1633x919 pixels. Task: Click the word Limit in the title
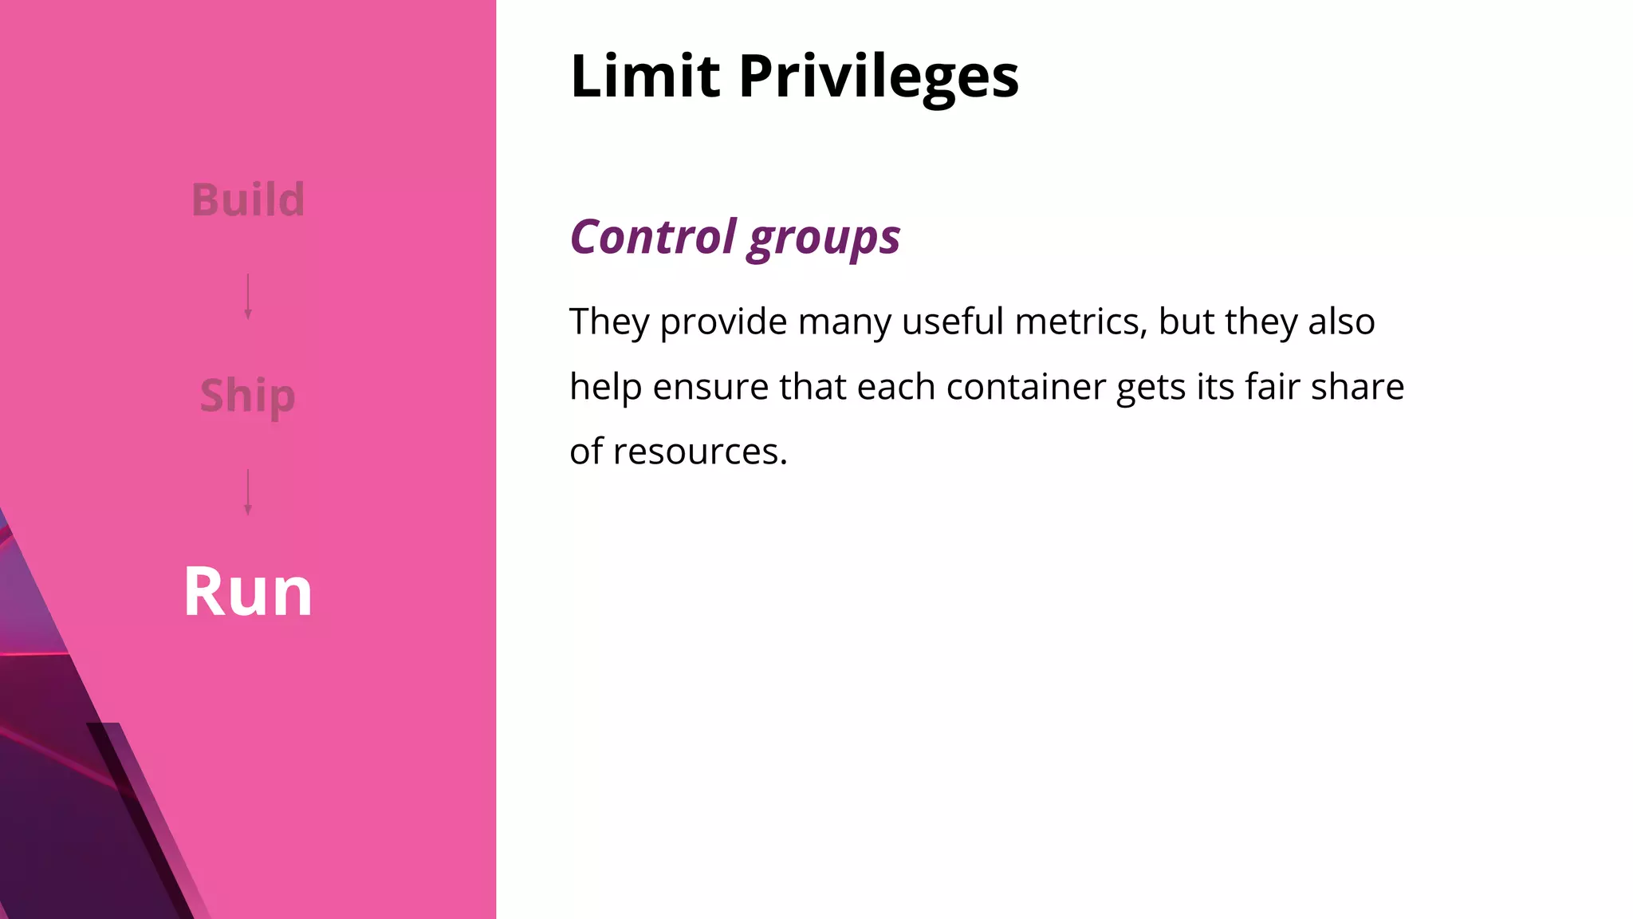(645, 77)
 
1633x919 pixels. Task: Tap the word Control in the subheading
(653, 237)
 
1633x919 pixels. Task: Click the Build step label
(248, 199)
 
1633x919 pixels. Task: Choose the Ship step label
(248, 396)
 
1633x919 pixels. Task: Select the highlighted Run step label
(248, 592)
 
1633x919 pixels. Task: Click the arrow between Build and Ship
(248, 297)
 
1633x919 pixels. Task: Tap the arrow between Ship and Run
(248, 492)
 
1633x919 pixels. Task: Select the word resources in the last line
(700, 452)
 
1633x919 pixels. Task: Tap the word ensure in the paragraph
(710, 387)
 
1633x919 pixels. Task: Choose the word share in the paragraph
(1357, 387)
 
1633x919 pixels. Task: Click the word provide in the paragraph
(723, 322)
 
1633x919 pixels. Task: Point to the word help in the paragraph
(605, 388)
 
